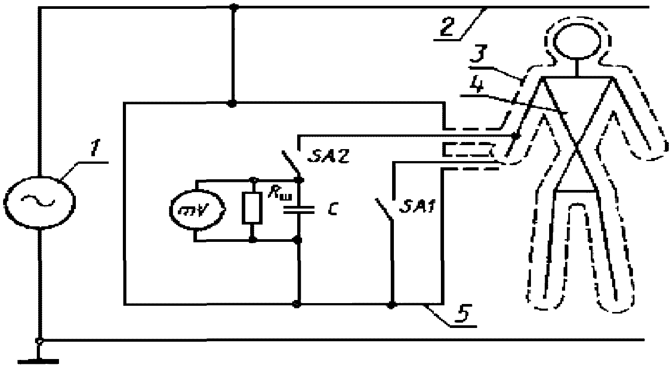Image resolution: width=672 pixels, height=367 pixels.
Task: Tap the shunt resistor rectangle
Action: click(x=252, y=209)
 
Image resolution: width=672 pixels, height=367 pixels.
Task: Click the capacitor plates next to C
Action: click(x=299, y=210)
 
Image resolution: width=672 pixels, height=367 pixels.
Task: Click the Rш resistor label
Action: click(x=279, y=195)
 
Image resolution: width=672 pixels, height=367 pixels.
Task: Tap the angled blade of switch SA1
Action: click(x=384, y=209)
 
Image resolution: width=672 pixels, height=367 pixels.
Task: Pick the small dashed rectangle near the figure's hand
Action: click(x=468, y=150)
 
